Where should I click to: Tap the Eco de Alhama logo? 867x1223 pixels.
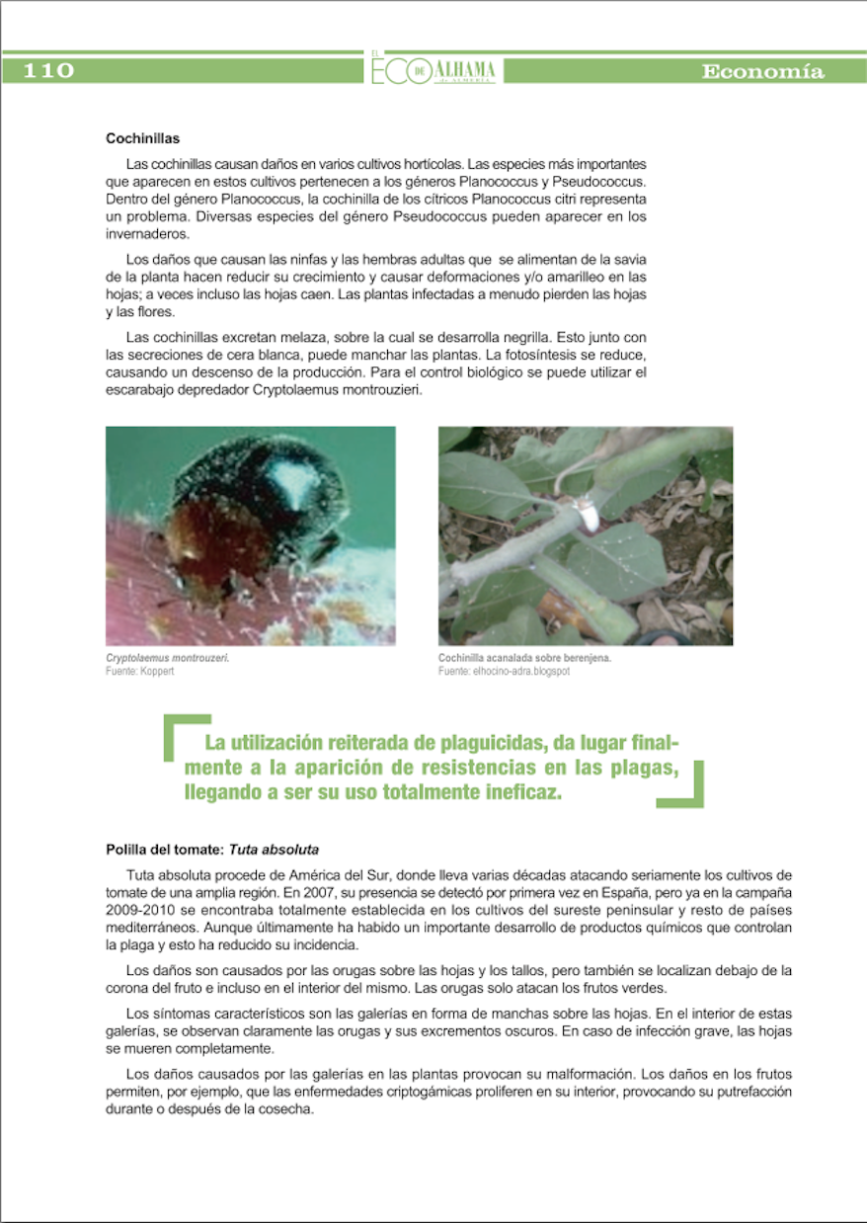tap(433, 69)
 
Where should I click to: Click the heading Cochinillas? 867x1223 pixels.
tap(142, 139)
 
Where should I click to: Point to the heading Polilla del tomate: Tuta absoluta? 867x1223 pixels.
tap(212, 850)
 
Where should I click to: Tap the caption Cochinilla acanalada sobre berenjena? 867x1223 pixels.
tap(524, 658)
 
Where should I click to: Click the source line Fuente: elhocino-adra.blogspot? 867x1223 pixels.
tap(504, 671)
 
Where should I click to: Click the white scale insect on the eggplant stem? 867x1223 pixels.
tap(587, 513)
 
